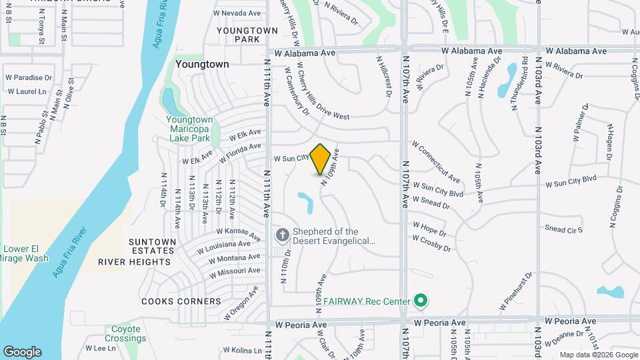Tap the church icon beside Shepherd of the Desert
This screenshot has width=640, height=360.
point(282,235)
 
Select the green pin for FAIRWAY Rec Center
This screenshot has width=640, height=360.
point(420,301)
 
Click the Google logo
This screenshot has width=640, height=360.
point(22,351)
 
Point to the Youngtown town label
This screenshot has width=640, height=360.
point(203,65)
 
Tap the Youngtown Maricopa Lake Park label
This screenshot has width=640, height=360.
point(189,129)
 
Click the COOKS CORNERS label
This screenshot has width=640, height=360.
point(181,301)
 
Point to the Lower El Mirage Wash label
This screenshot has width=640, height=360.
point(26,254)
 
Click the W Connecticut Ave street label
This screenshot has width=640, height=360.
point(437,161)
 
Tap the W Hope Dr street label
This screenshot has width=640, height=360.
point(429,229)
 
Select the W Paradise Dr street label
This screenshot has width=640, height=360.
point(29,78)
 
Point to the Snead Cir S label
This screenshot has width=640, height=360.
point(564,229)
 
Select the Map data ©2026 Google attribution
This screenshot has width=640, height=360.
point(598,355)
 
